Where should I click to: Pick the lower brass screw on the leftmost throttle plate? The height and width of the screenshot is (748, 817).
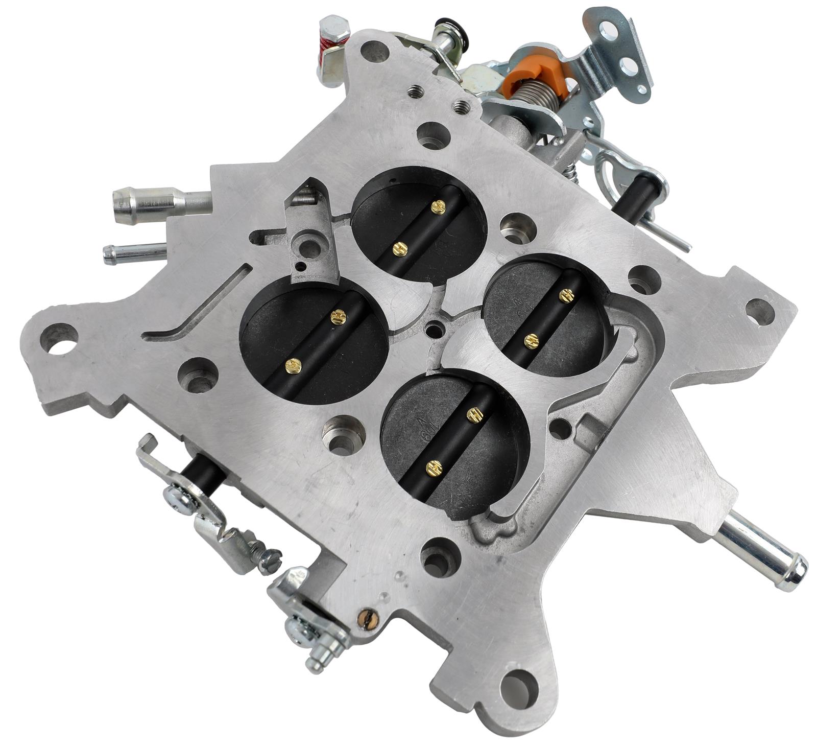click(292, 364)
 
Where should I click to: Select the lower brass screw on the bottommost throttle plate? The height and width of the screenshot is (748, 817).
click(434, 465)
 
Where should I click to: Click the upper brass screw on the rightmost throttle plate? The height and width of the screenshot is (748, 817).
click(564, 295)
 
